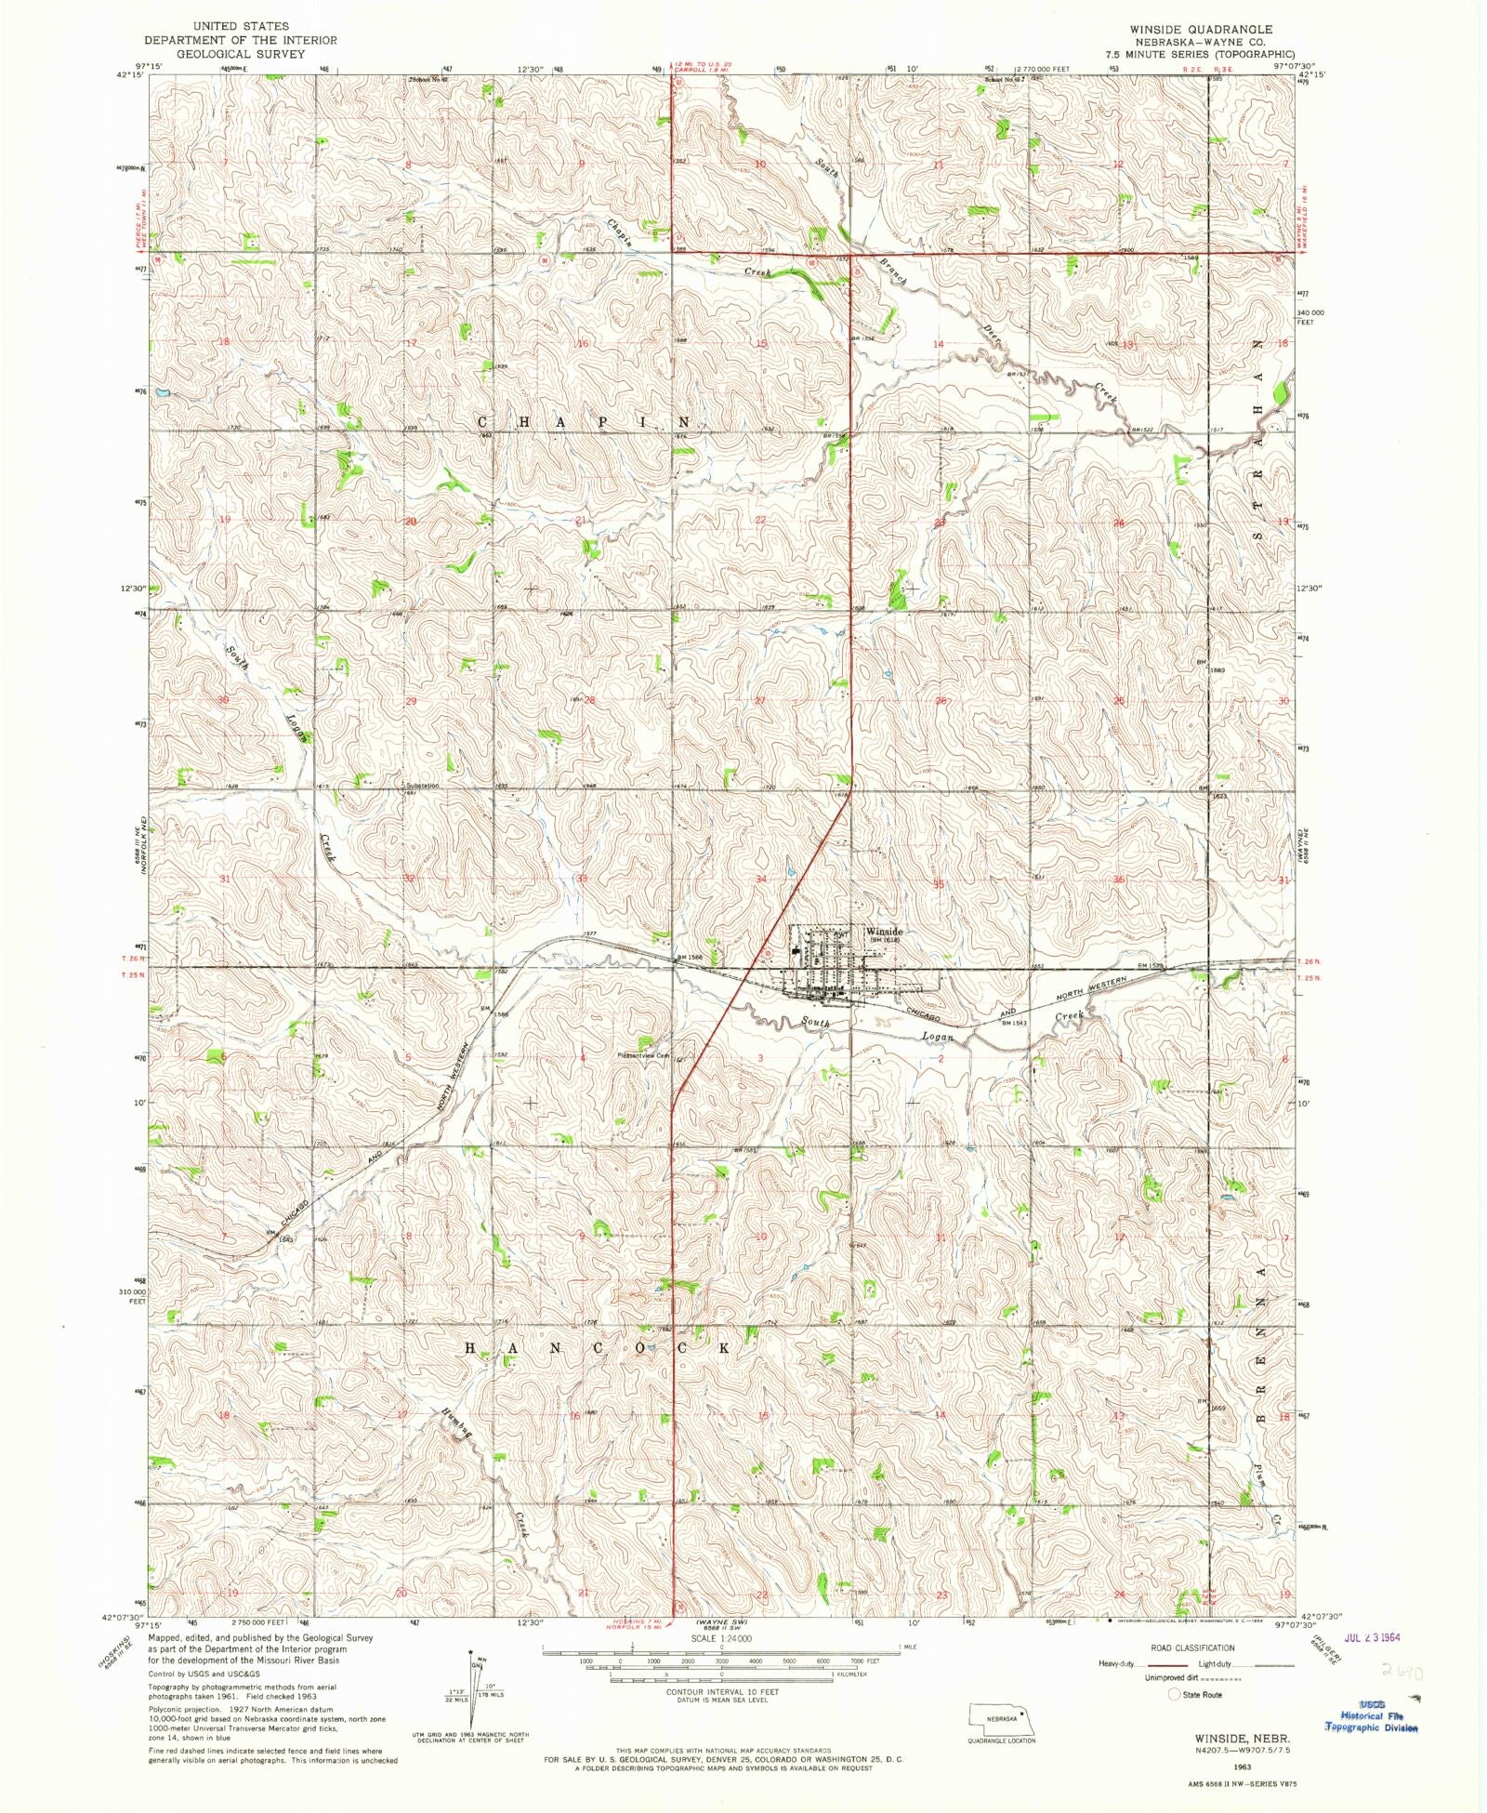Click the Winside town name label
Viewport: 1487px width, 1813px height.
tap(884, 931)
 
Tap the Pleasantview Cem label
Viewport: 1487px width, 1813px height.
tap(643, 1055)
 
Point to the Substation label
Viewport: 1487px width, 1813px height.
tap(422, 786)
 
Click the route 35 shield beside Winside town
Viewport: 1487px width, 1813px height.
tap(767, 954)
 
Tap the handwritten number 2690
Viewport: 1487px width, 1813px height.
tap(1401, 1671)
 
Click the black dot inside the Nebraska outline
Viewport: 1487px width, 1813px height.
tap(1021, 1703)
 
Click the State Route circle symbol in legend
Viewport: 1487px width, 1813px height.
tap(1174, 1694)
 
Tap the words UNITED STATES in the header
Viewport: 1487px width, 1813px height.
tap(240, 26)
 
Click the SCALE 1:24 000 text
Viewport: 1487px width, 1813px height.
tap(720, 1638)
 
